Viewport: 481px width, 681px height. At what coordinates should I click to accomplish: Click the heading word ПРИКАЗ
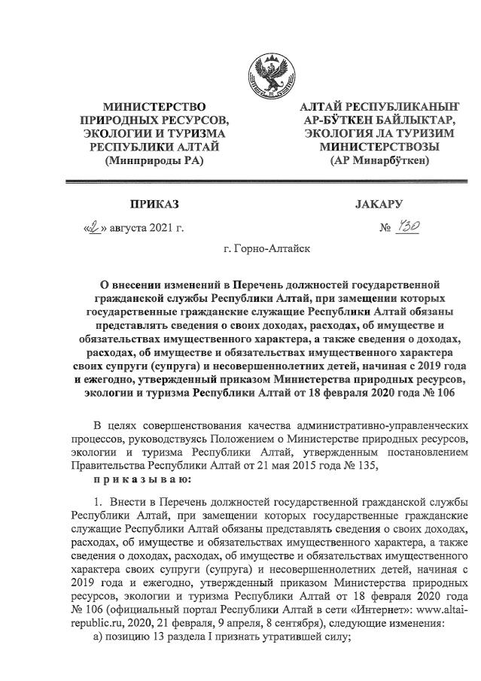[x=155, y=204]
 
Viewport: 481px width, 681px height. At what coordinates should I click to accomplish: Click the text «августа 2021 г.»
[x=147, y=226]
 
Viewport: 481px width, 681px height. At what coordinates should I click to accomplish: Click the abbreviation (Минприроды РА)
[x=154, y=160]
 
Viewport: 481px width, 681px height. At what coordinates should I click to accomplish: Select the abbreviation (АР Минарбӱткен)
[x=379, y=160]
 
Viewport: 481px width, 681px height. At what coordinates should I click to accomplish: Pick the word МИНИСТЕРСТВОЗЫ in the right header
[x=379, y=147]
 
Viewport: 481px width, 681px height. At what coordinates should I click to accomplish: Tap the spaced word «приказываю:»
[x=139, y=479]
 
